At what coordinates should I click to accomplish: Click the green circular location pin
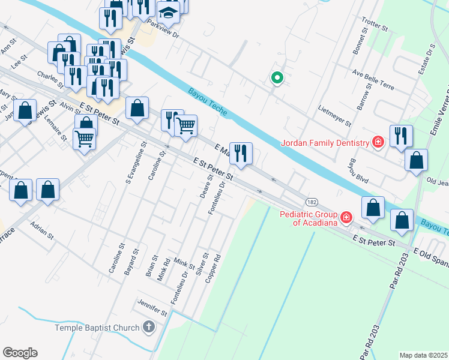[277, 77]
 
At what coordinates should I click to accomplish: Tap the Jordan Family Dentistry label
[325, 143]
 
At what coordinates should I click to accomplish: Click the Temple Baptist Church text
[97, 328]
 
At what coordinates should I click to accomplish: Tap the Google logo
[20, 352]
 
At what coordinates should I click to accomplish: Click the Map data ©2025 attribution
[423, 355]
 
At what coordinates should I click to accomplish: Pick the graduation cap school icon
[169, 13]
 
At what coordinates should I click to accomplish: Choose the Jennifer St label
[152, 309]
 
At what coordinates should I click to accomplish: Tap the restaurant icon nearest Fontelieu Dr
[241, 154]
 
